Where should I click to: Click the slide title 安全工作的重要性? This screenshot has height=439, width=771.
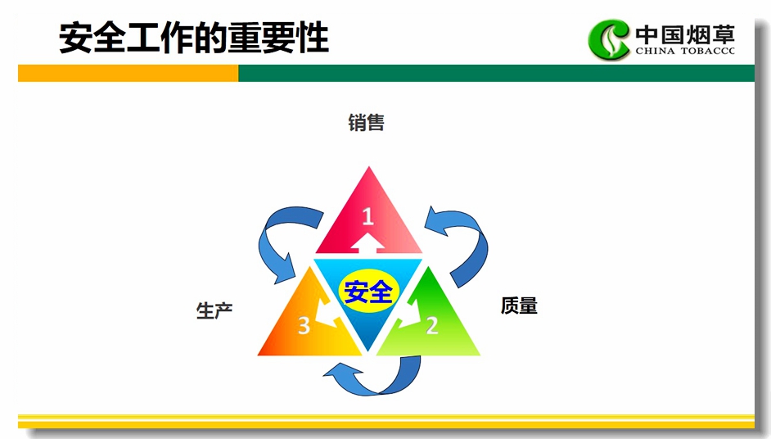click(194, 38)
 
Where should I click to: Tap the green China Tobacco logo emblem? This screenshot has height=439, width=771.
click(609, 39)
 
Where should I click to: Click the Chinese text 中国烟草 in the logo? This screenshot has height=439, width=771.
click(685, 34)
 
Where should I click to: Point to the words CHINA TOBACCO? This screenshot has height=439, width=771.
click(685, 51)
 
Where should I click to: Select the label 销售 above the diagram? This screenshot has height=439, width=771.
click(367, 123)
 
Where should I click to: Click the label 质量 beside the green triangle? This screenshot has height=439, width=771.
click(519, 305)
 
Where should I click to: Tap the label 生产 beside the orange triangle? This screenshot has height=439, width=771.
click(214, 310)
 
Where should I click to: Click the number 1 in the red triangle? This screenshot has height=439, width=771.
click(367, 216)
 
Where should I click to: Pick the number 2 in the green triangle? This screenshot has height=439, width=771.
click(431, 325)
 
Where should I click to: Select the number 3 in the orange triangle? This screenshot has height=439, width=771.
click(304, 326)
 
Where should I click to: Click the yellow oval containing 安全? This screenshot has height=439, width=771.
click(368, 292)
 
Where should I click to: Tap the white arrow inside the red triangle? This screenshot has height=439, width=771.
click(367, 242)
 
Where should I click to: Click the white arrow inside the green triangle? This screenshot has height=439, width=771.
click(412, 314)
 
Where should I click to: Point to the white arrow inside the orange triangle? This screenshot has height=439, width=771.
click(325, 314)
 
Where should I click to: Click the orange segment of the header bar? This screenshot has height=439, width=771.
click(128, 74)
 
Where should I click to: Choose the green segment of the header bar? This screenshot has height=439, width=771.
click(497, 74)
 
